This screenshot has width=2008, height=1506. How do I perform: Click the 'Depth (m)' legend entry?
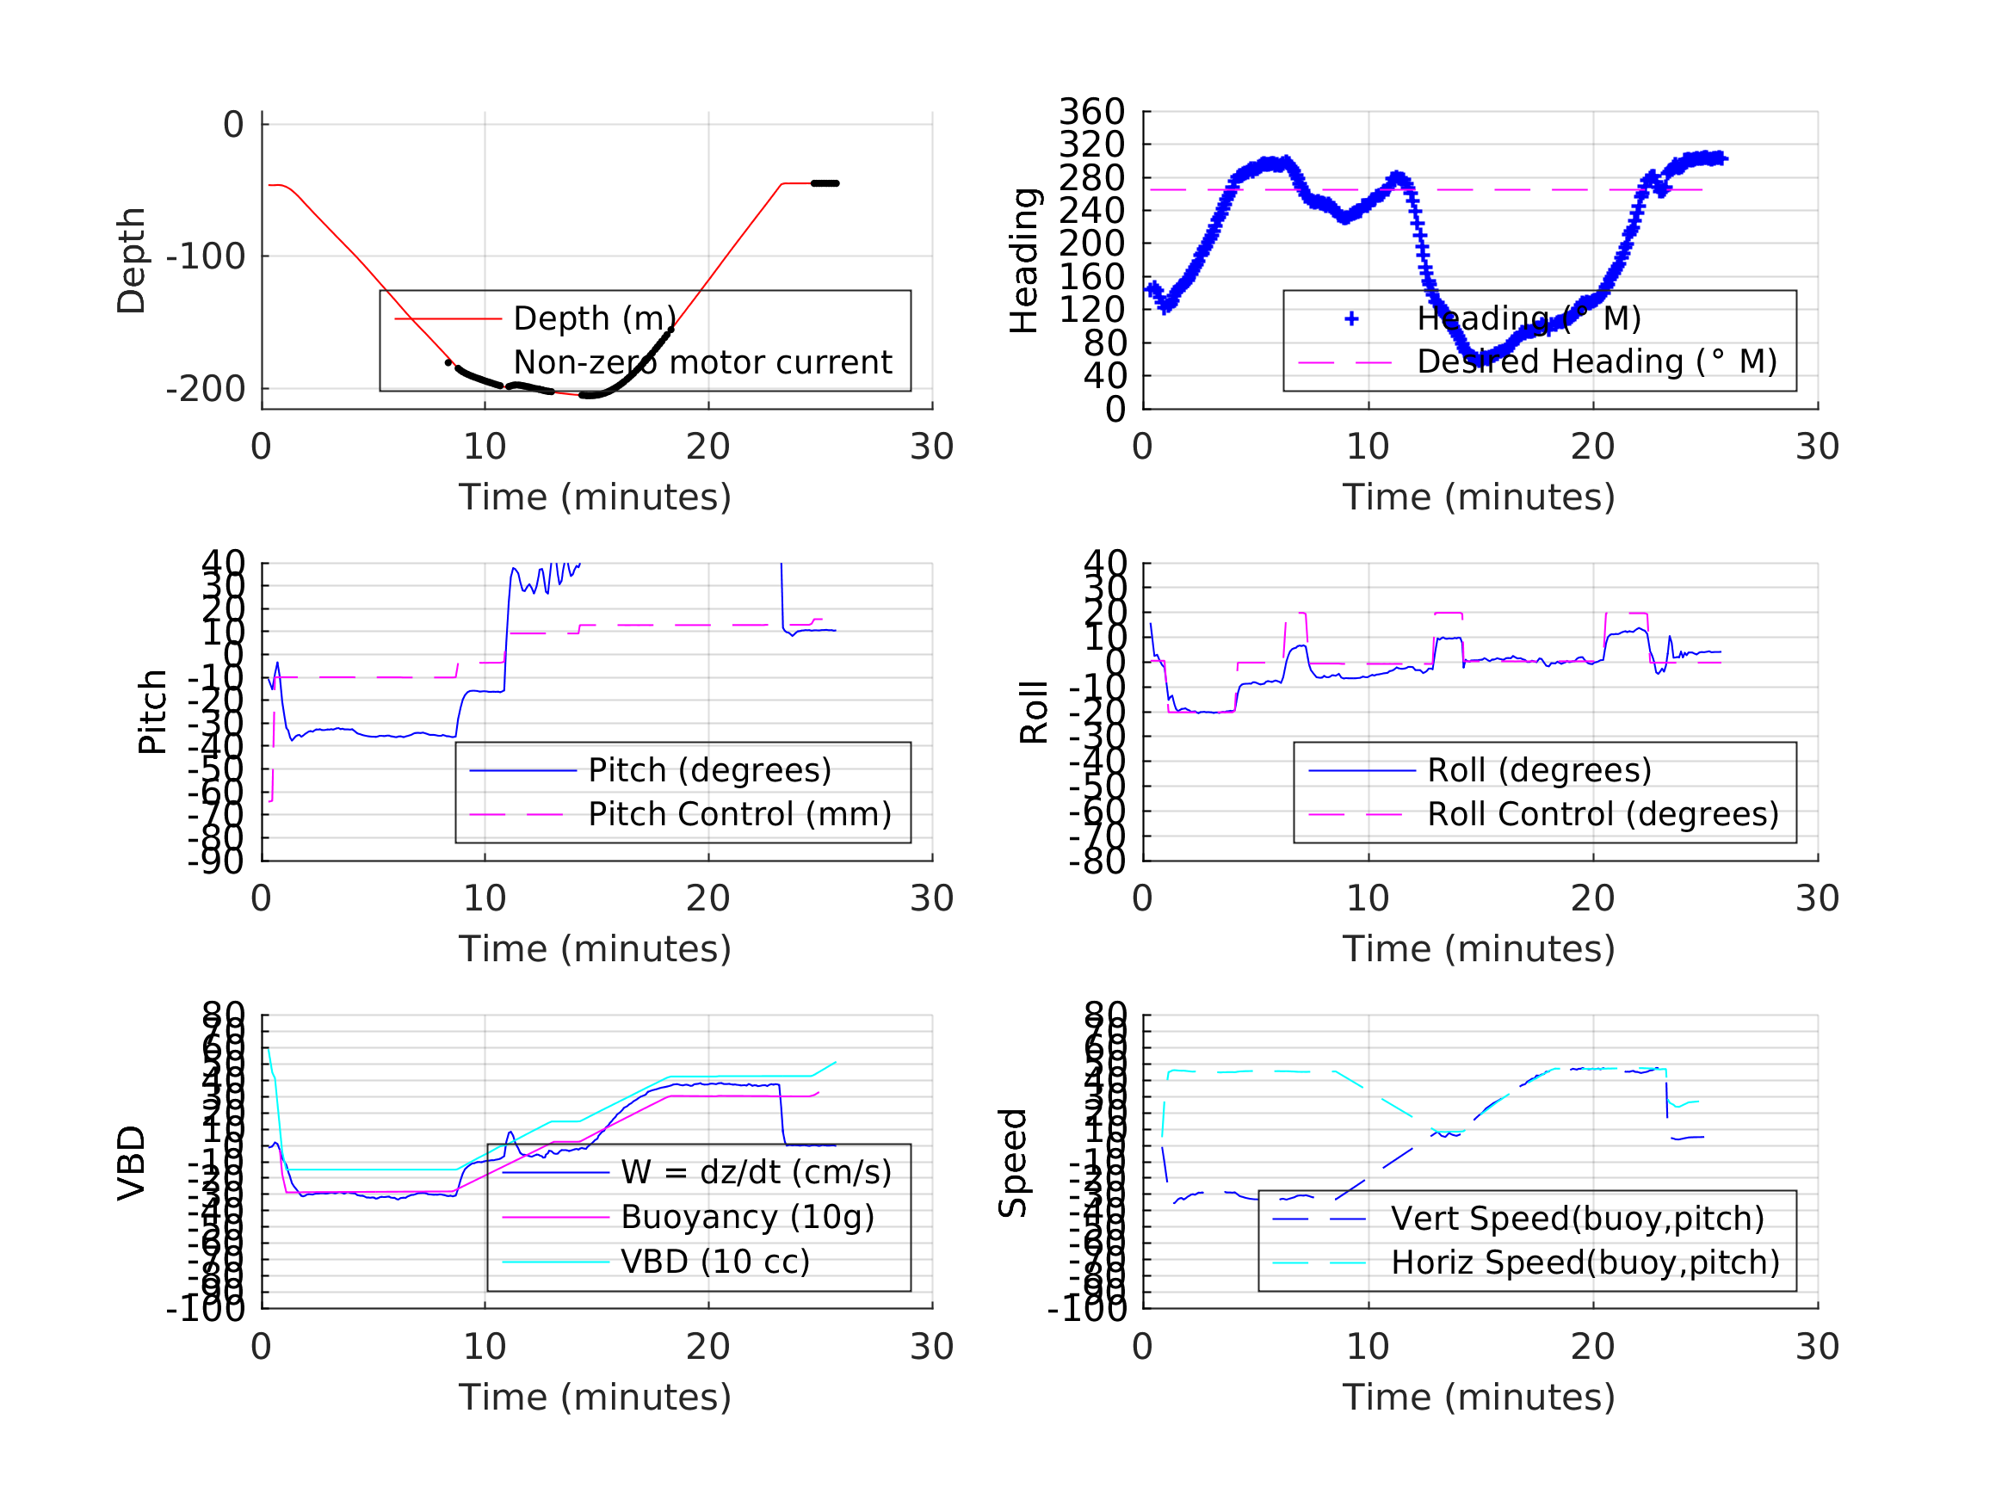point(594,318)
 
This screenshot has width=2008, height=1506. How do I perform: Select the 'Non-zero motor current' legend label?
point(701,362)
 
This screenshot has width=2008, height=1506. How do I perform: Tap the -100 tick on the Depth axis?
point(205,257)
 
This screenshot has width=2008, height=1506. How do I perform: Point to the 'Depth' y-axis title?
point(132,261)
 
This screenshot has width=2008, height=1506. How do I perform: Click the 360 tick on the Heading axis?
point(1091,112)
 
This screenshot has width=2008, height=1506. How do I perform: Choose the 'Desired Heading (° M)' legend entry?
point(1596,361)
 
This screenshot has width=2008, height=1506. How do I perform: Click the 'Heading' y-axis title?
point(1024,261)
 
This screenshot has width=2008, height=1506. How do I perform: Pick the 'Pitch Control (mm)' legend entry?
point(739,814)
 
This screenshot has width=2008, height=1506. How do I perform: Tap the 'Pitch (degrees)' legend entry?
point(709,770)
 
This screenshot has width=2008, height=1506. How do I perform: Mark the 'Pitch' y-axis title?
point(152,712)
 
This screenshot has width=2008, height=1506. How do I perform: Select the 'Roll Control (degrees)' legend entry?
point(1603,814)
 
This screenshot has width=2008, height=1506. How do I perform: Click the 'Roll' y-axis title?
point(1034,712)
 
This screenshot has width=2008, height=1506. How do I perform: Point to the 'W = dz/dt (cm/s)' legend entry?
point(756,1172)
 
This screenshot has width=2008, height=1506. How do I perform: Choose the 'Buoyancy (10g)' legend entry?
point(746,1217)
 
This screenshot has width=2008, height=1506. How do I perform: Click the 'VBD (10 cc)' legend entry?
point(714,1261)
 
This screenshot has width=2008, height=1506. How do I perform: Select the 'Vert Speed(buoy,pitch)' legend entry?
point(1577,1219)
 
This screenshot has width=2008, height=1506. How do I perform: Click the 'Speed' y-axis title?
point(1012,1163)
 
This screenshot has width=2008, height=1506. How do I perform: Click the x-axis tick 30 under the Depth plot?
point(931,447)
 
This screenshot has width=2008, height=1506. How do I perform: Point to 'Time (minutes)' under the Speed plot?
point(1478,1397)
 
